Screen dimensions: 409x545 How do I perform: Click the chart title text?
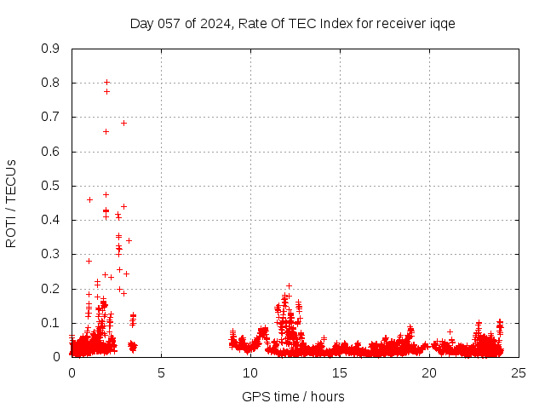point(292,23)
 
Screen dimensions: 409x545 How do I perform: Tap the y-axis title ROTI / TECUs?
point(11,203)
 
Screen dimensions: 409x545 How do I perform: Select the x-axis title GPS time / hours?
point(293,396)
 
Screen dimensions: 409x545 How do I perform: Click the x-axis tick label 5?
point(161,372)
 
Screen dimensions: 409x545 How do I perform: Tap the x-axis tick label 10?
point(250,372)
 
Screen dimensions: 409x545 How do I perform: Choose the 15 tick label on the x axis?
point(340,372)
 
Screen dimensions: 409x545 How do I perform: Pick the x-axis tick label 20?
point(429,372)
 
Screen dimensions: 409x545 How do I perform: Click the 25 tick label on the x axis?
point(519,372)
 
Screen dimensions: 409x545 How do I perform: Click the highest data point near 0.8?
point(106,83)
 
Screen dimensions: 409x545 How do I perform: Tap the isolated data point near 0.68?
point(123,123)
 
